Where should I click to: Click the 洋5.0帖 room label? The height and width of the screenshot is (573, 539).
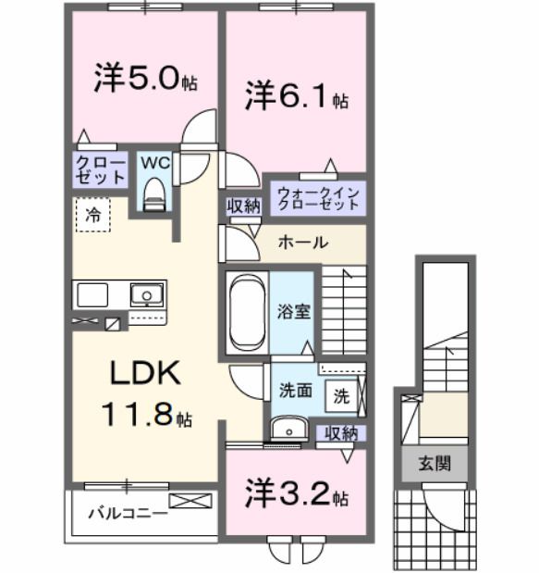point(145,80)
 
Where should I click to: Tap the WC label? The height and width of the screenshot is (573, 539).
point(153,162)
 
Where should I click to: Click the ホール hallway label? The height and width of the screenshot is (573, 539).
point(301,243)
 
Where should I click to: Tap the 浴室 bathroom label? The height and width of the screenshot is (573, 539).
point(296,311)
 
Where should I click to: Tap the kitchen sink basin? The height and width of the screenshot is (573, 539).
point(144,296)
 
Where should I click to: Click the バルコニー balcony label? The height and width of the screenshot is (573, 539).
point(128,512)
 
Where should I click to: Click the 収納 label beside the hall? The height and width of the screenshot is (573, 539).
point(244,206)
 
